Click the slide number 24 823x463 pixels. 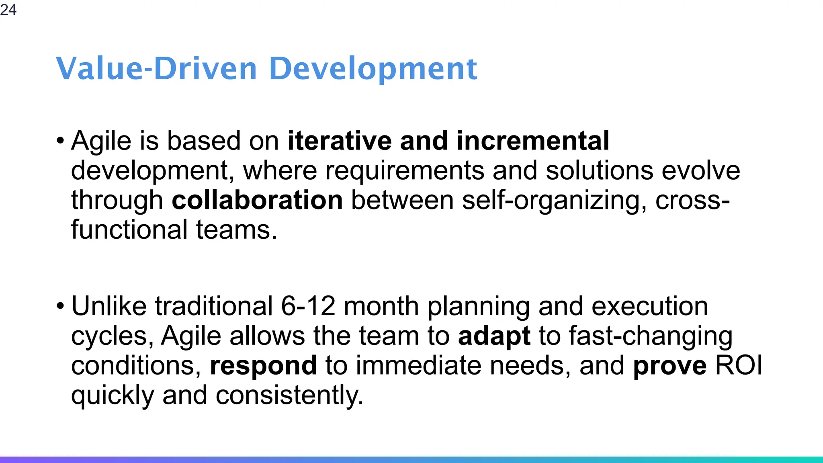click(x=8, y=10)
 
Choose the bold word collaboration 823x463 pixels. click(x=257, y=200)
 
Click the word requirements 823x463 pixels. click(x=404, y=170)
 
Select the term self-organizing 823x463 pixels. click(x=554, y=200)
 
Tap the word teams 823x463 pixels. click(x=236, y=230)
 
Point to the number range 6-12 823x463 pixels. click(x=308, y=306)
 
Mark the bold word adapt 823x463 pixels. click(x=494, y=336)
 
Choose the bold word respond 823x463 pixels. click(x=263, y=366)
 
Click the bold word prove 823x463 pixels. click(x=669, y=366)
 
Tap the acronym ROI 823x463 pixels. click(x=739, y=366)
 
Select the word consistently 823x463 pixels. click(x=289, y=395)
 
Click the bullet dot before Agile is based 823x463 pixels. click(x=60, y=141)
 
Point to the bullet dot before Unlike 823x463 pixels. click(x=60, y=307)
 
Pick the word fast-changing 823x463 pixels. click(x=651, y=336)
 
